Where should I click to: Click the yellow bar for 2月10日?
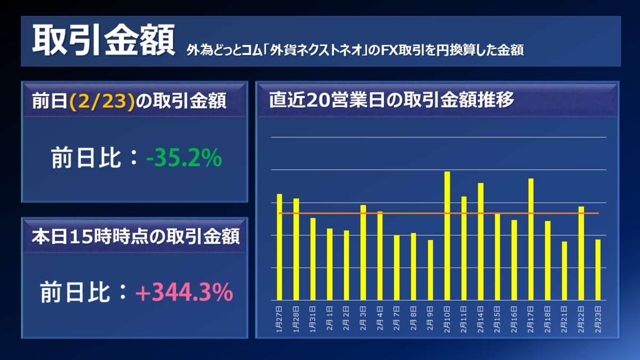pos(447,236)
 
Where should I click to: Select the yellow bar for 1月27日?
pos(279,247)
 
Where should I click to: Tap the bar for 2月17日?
pos(531,239)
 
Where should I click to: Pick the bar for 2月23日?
pos(598,269)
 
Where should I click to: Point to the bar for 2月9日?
pos(430,270)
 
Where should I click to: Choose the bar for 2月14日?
pos(481,241)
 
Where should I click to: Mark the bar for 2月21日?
pos(564,270)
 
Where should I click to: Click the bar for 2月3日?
pos(363,252)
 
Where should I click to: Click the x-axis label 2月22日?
pos(581,319)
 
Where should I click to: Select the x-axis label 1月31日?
pos(313,319)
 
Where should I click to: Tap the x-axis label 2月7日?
pos(397,319)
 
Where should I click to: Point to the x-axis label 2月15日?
pos(498,319)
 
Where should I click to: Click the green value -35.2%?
pos(184,158)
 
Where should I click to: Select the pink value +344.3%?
pos(183,293)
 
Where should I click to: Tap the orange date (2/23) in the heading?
pos(101,101)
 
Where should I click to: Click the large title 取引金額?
pos(103,41)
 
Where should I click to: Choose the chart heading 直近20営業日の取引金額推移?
pos(391,100)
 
